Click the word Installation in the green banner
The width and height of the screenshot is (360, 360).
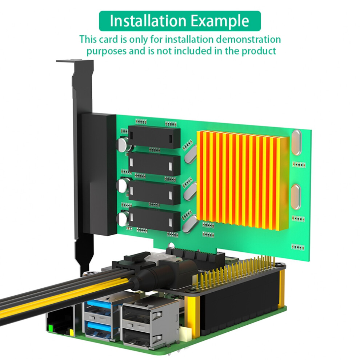coord(148,21)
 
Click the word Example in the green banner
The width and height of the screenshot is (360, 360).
coord(220,21)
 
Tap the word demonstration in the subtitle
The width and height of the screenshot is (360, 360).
coord(248,39)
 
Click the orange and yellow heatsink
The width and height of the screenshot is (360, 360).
coord(243,181)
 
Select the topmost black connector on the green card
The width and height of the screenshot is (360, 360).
coord(154,137)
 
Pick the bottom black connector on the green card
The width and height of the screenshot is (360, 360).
coord(154,219)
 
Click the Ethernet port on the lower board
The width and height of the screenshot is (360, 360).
coord(59,320)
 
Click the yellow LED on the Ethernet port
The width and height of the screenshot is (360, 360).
coord(72,332)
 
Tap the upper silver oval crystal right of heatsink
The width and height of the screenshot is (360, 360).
coord(296,142)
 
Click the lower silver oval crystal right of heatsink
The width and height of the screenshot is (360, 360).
coord(296,197)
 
